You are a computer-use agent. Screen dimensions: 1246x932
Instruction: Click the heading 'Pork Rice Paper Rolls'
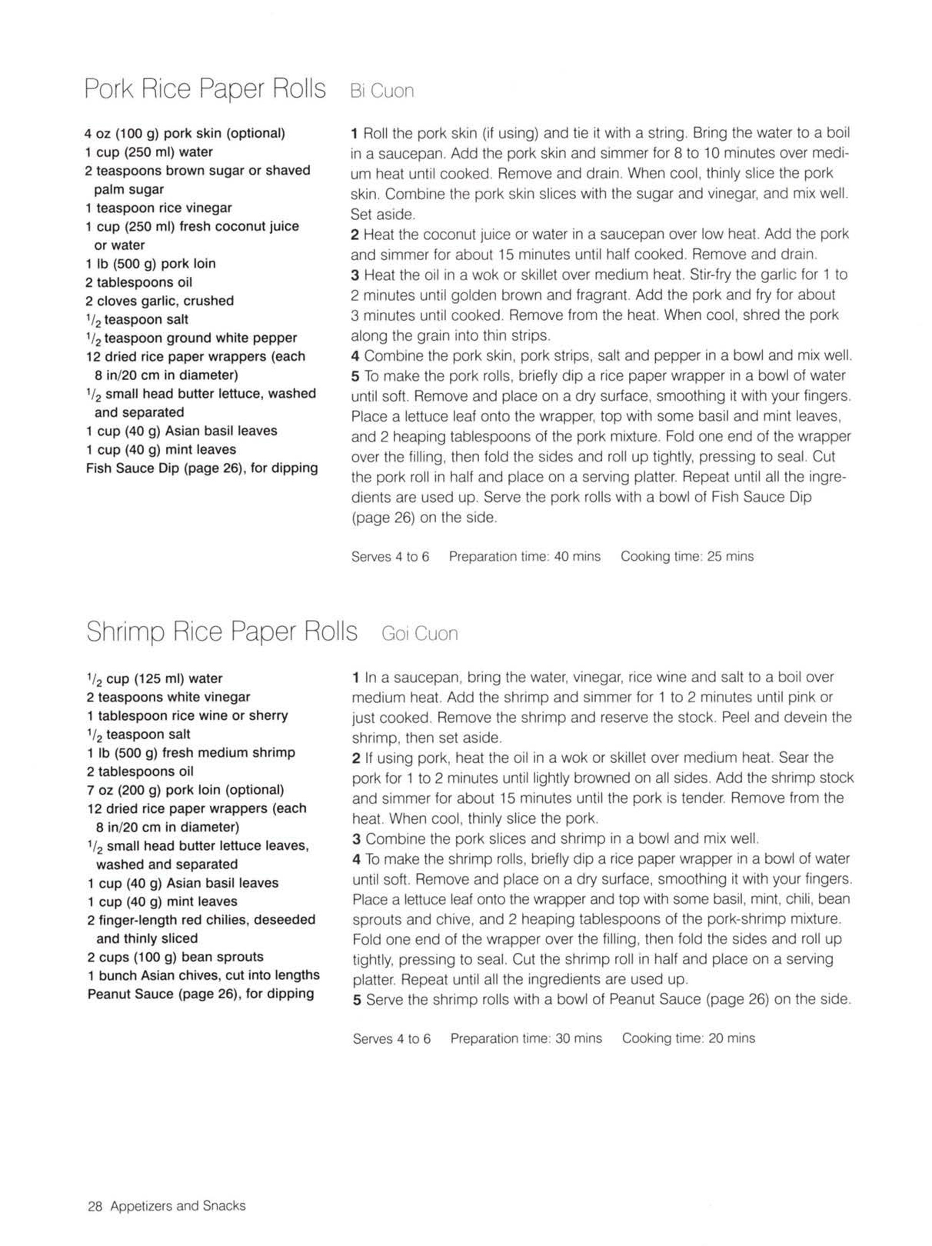click(205, 89)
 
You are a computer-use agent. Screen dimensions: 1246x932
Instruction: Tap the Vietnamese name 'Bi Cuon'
click(382, 91)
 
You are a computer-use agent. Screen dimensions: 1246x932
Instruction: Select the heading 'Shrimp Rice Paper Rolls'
click(221, 631)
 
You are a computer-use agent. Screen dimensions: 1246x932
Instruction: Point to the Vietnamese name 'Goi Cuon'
click(419, 634)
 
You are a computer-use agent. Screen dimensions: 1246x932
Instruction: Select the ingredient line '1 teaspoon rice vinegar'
click(158, 208)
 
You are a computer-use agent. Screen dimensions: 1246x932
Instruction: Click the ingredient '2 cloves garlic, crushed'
click(159, 301)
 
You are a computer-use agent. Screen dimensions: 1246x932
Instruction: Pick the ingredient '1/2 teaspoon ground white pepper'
click(191, 338)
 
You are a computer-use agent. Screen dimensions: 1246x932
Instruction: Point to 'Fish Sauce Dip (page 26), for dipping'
click(201, 468)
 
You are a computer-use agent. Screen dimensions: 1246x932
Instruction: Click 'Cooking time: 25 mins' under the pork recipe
click(687, 557)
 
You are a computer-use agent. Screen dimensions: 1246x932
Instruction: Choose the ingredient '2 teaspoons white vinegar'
click(168, 697)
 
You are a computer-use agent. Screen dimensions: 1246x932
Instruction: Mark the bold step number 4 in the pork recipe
click(355, 356)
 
